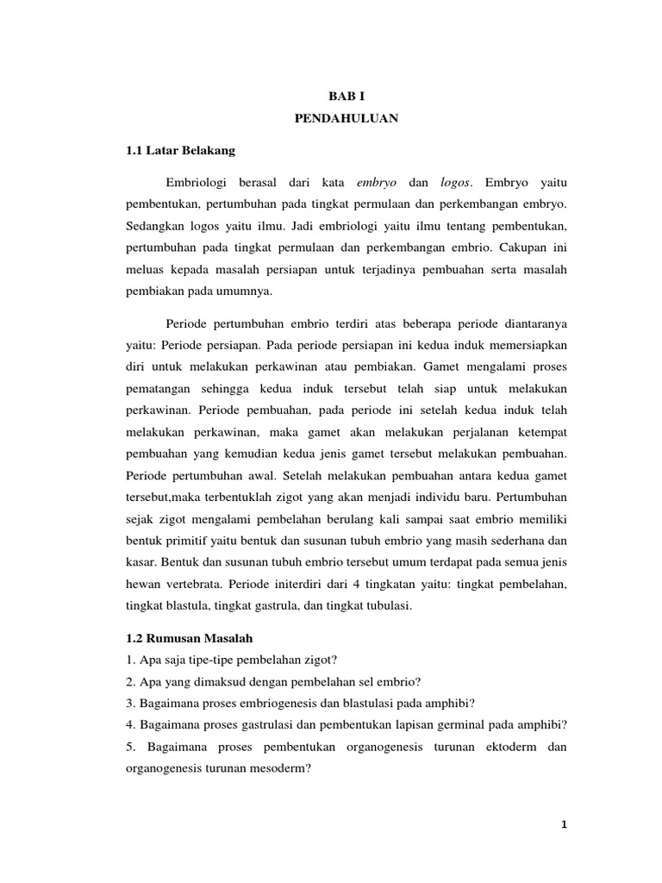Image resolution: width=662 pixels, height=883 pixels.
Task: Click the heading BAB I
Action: click(x=347, y=99)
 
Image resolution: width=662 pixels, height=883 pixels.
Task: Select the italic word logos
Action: click(x=458, y=183)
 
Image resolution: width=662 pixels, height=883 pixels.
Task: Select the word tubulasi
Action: click(x=387, y=607)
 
